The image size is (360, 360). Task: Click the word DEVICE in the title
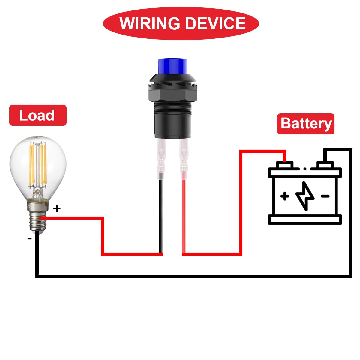click(216, 24)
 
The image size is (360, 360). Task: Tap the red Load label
click(37, 115)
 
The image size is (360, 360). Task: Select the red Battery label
click(306, 124)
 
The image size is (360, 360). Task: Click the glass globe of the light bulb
click(37, 168)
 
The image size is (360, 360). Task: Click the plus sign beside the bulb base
click(57, 208)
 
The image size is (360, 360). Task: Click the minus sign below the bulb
click(29, 239)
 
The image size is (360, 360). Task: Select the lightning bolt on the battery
click(305, 196)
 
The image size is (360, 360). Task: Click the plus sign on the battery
click(285, 196)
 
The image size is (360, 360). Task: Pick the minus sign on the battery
click(325, 196)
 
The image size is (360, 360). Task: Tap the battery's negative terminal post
click(325, 165)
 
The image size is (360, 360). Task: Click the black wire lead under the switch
click(161, 216)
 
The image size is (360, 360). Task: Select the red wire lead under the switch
click(183, 216)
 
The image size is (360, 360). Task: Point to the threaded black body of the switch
click(172, 120)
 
